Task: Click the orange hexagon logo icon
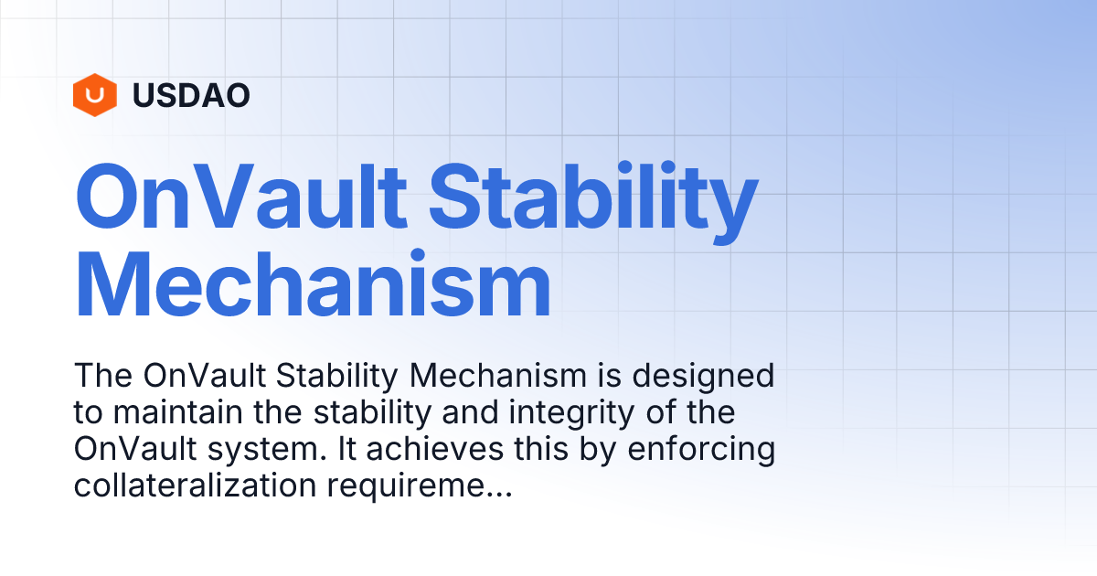pos(95,95)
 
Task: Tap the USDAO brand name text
pos(191,95)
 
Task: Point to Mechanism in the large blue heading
pos(313,286)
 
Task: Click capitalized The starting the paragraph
pos(101,376)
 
